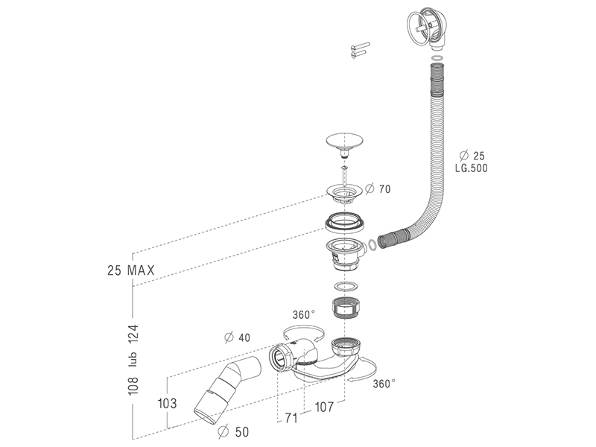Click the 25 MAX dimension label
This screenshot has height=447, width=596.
(x=131, y=270)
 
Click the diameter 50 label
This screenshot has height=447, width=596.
(x=234, y=431)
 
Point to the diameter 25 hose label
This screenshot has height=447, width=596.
(x=472, y=155)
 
